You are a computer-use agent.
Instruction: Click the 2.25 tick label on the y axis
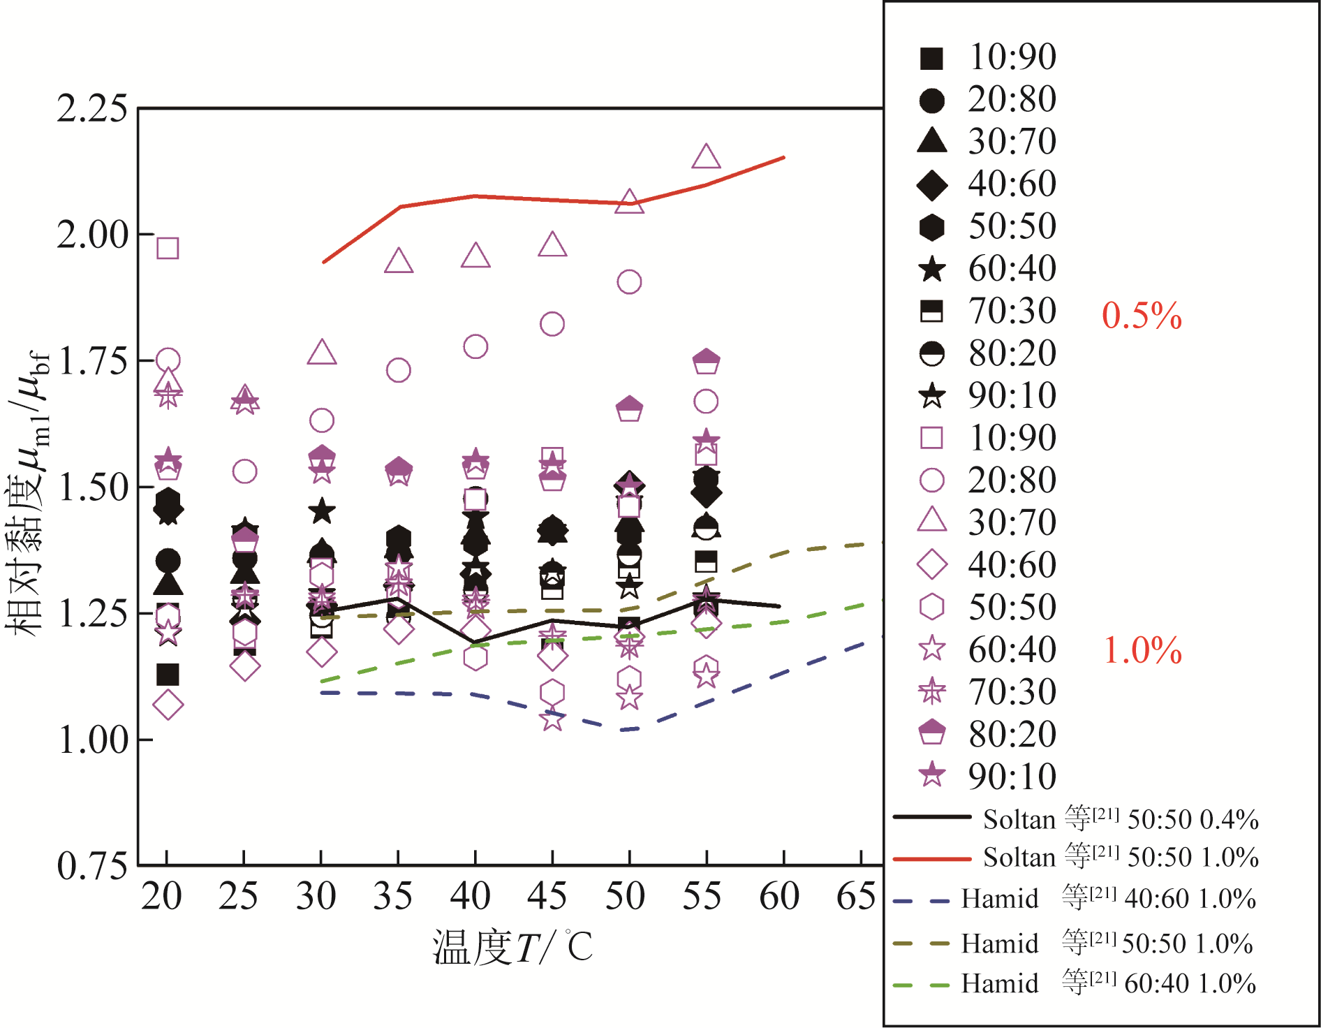coord(92,109)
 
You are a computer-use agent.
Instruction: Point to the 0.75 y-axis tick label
coord(92,866)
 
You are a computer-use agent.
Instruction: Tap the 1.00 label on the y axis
coord(92,740)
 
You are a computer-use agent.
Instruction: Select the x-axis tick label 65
coord(856,896)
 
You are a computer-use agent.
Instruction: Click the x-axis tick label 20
coord(161,896)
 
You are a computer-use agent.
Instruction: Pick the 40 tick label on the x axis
coord(470,896)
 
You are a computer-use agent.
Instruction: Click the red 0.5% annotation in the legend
coord(1142,316)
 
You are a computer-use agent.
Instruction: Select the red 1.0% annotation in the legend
coord(1142,650)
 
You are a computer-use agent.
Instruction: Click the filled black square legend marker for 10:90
coord(931,59)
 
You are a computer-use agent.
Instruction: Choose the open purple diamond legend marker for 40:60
coord(931,564)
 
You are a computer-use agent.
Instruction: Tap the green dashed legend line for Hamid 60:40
coord(922,985)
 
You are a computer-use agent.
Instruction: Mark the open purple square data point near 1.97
coord(168,248)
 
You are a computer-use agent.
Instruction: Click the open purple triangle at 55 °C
coord(706,157)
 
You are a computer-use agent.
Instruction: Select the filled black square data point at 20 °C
coord(168,675)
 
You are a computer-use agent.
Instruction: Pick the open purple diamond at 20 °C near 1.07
coord(168,705)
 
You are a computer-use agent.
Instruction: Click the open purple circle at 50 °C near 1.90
coord(629,282)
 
